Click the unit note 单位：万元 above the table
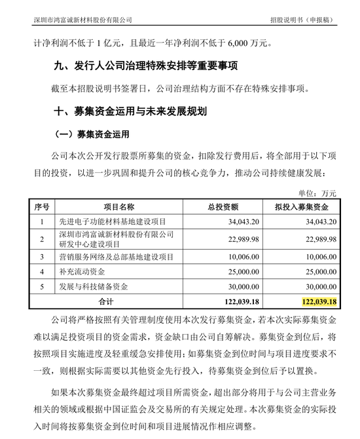(x=317, y=193)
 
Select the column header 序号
(x=41, y=206)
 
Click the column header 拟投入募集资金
(x=300, y=206)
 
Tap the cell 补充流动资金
(x=83, y=271)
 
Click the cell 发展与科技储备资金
(x=92, y=286)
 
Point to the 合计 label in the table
(x=104, y=301)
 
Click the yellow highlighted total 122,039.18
(x=319, y=301)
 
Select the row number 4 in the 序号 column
(x=41, y=271)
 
